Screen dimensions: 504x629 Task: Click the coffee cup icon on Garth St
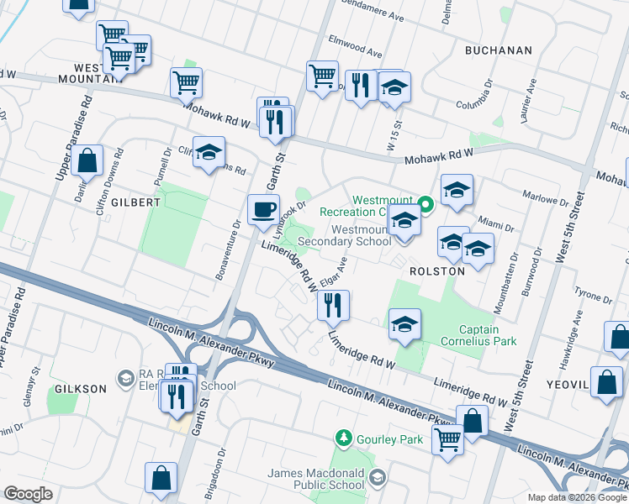tap(263, 209)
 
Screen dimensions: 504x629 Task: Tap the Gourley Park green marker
tap(343, 438)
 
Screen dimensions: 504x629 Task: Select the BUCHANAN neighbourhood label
tap(499, 50)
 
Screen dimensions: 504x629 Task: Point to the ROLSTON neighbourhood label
tap(436, 271)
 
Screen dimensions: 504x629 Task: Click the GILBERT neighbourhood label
tap(133, 202)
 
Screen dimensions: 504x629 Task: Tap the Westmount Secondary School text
tap(362, 235)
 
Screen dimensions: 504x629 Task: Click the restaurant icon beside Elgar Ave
tap(333, 305)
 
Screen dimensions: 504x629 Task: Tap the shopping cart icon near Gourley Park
tap(447, 438)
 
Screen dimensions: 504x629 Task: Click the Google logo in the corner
tap(28, 494)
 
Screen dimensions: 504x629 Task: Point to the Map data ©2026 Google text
tap(576, 497)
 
